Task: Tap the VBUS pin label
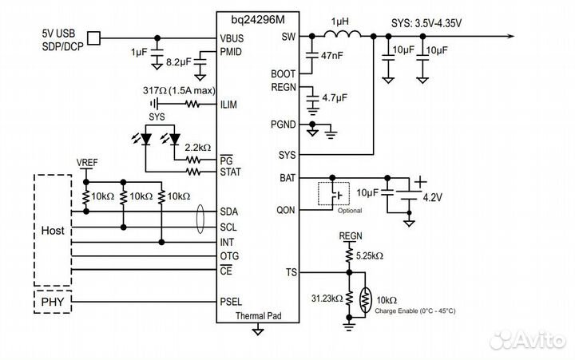(232, 38)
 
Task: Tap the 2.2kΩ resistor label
(196, 148)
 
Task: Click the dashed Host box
(53, 230)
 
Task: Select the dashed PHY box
(53, 303)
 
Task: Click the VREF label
(87, 162)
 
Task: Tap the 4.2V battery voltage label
(432, 196)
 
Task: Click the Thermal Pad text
(257, 316)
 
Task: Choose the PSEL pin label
(232, 303)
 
